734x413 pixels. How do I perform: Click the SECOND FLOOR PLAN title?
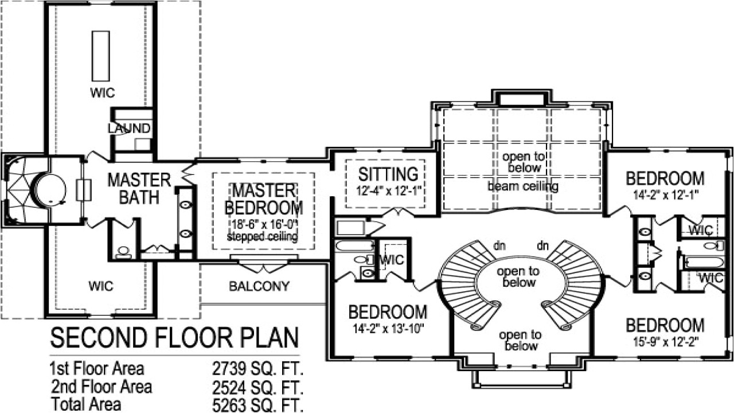(x=174, y=338)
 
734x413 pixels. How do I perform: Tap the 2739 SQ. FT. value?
(x=257, y=368)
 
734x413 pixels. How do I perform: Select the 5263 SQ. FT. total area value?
(x=257, y=405)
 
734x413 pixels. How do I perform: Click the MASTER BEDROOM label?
(x=264, y=198)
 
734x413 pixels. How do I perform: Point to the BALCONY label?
(x=259, y=286)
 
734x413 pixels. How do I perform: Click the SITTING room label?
(x=388, y=173)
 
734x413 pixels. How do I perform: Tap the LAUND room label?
(x=130, y=128)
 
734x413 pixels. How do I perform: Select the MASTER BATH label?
(x=139, y=189)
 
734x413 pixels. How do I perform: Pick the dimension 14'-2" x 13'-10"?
(x=388, y=329)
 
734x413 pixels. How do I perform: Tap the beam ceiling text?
(x=522, y=186)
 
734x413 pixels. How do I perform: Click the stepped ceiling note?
(x=263, y=236)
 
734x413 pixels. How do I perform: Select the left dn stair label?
(x=499, y=246)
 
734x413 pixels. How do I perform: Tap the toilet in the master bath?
(x=123, y=251)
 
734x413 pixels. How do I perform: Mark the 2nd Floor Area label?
(x=101, y=387)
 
